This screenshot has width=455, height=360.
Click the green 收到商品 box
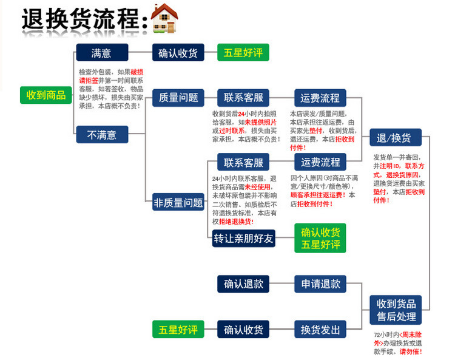click(x=46, y=95)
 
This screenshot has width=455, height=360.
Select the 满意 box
click(x=102, y=53)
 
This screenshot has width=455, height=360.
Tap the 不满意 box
click(x=102, y=135)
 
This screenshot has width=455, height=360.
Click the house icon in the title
click(x=164, y=20)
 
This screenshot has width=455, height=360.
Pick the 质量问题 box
click(x=178, y=97)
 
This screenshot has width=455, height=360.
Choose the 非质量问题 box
click(x=178, y=203)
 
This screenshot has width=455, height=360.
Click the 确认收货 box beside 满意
click(x=178, y=53)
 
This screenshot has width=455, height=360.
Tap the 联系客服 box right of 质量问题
click(x=243, y=97)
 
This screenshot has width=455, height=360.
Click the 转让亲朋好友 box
click(x=243, y=239)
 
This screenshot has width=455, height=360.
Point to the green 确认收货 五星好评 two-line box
click(x=321, y=239)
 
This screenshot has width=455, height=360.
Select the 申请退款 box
click(x=321, y=284)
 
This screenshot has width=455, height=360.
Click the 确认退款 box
click(x=243, y=284)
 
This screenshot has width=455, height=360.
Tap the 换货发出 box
click(x=321, y=330)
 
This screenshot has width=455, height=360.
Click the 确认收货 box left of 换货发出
click(x=243, y=330)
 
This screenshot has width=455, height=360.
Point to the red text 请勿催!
click(x=411, y=352)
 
